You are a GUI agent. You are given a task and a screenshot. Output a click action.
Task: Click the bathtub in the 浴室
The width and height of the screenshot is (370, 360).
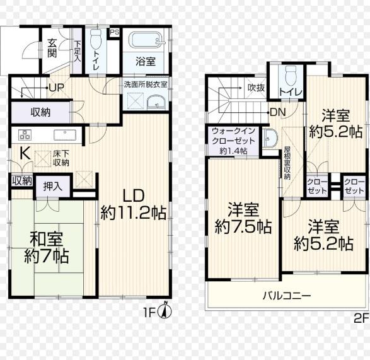[x=147, y=40]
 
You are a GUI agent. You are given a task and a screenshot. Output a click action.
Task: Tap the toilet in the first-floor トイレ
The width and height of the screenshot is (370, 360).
[x=96, y=39]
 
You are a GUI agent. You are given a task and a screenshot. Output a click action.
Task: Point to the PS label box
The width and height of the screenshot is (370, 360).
[x=115, y=32]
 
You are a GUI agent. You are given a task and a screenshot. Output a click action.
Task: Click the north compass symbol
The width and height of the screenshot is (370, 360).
[x=166, y=310]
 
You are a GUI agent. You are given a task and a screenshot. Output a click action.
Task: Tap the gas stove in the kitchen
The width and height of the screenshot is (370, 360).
[x=25, y=135]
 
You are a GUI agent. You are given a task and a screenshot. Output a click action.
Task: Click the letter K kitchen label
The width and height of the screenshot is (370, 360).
[x=25, y=154]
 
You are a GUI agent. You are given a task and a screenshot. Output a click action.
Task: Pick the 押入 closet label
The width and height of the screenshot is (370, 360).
[x=53, y=187]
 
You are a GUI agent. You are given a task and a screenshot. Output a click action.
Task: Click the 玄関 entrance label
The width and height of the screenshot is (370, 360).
[x=52, y=48]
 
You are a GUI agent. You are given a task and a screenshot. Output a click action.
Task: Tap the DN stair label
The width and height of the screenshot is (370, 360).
[x=278, y=113]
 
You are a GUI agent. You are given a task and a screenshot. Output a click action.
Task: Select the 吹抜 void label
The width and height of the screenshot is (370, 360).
[x=257, y=88]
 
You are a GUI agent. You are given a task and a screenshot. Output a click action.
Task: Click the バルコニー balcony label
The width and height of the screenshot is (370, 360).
[x=287, y=296]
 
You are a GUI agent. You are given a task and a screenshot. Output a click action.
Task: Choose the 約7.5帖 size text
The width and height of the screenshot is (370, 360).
[x=243, y=226]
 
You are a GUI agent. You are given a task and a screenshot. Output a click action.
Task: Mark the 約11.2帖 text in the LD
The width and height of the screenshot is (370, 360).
[x=134, y=213]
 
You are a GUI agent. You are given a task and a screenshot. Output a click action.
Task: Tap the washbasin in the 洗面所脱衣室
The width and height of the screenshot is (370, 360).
[x=156, y=103]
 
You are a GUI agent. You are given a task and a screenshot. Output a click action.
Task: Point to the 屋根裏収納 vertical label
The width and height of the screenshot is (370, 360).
[x=287, y=163]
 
